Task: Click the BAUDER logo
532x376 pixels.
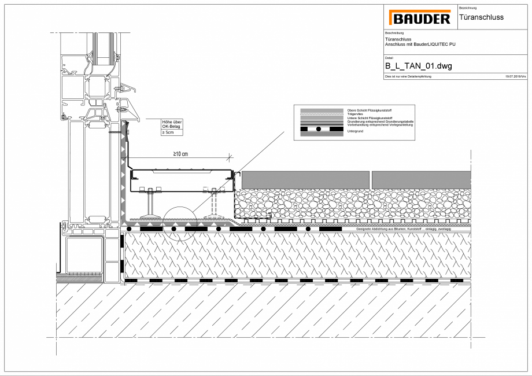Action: point(420,18)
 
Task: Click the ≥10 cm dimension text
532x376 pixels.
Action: point(180,154)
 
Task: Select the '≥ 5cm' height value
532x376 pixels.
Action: point(168,132)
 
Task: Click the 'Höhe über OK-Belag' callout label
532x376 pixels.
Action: point(172,124)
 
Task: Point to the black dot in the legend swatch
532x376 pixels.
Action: point(318,128)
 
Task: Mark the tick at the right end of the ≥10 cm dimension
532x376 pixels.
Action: point(230,156)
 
